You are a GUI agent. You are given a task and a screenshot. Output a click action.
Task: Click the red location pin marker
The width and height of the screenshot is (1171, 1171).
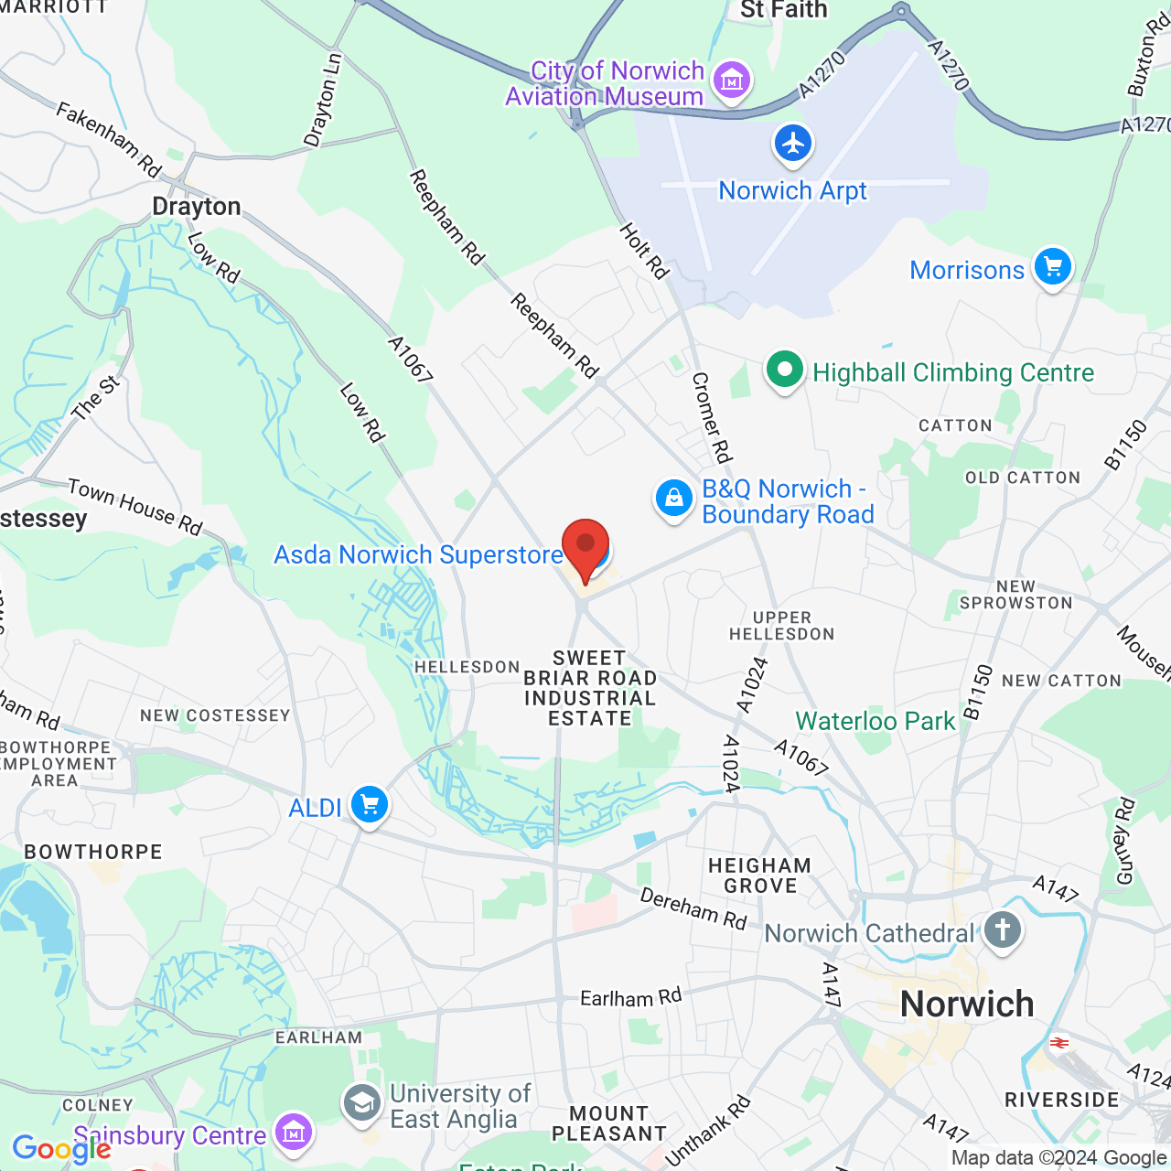[585, 547]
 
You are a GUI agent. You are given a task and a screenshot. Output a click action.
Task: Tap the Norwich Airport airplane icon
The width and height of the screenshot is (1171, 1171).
[793, 144]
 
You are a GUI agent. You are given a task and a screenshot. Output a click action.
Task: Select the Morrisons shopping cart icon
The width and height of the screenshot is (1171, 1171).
[1053, 267]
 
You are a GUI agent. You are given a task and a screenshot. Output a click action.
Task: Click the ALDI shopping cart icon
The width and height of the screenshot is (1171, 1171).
[370, 805]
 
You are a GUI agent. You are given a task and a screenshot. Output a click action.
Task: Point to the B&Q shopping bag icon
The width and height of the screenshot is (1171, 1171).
[674, 499]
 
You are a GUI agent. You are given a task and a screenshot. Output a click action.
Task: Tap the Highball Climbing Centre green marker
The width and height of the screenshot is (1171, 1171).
[785, 371]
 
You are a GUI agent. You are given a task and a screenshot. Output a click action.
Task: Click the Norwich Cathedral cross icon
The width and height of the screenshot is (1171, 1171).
[1003, 931]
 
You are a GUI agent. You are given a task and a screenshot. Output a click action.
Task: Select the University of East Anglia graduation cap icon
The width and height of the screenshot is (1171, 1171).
[362, 1103]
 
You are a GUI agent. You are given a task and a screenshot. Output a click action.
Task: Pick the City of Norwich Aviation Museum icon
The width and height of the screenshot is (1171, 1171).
[732, 81]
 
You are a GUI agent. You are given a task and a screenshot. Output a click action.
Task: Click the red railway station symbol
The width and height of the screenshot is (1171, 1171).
[1059, 1043]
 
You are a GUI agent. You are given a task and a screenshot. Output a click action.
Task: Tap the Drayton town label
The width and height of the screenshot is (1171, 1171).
[197, 207]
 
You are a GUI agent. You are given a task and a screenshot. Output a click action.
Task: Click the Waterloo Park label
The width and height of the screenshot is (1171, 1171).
[876, 722]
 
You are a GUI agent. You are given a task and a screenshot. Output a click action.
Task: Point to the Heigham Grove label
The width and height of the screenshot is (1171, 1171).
[760, 876]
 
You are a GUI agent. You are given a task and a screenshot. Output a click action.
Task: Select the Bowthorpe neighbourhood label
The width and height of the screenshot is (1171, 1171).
[93, 852]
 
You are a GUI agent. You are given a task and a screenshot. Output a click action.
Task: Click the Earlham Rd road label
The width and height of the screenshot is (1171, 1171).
[631, 997]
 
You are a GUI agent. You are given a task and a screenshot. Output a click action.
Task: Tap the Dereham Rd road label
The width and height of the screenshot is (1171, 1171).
[693, 908]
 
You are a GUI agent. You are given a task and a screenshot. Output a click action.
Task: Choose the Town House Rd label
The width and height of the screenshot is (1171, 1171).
[135, 506]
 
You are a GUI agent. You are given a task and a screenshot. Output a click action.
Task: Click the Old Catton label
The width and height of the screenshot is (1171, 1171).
[1023, 478]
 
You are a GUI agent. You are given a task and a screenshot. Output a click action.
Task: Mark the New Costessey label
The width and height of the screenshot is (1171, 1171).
[215, 715]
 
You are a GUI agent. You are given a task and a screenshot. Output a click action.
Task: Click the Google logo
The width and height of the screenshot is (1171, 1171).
[61, 1149]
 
